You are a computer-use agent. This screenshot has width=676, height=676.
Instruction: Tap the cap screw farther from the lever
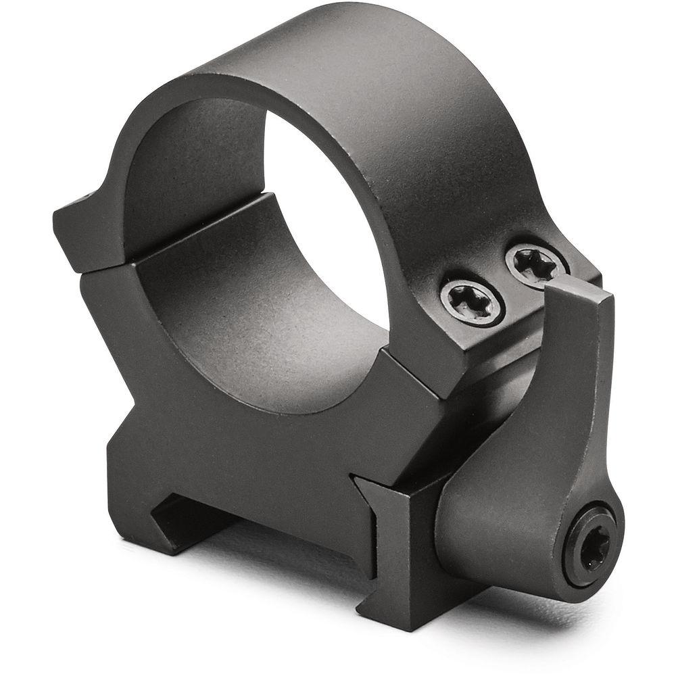pos(472,298)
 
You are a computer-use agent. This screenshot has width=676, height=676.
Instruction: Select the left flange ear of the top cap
pos(81,223)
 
